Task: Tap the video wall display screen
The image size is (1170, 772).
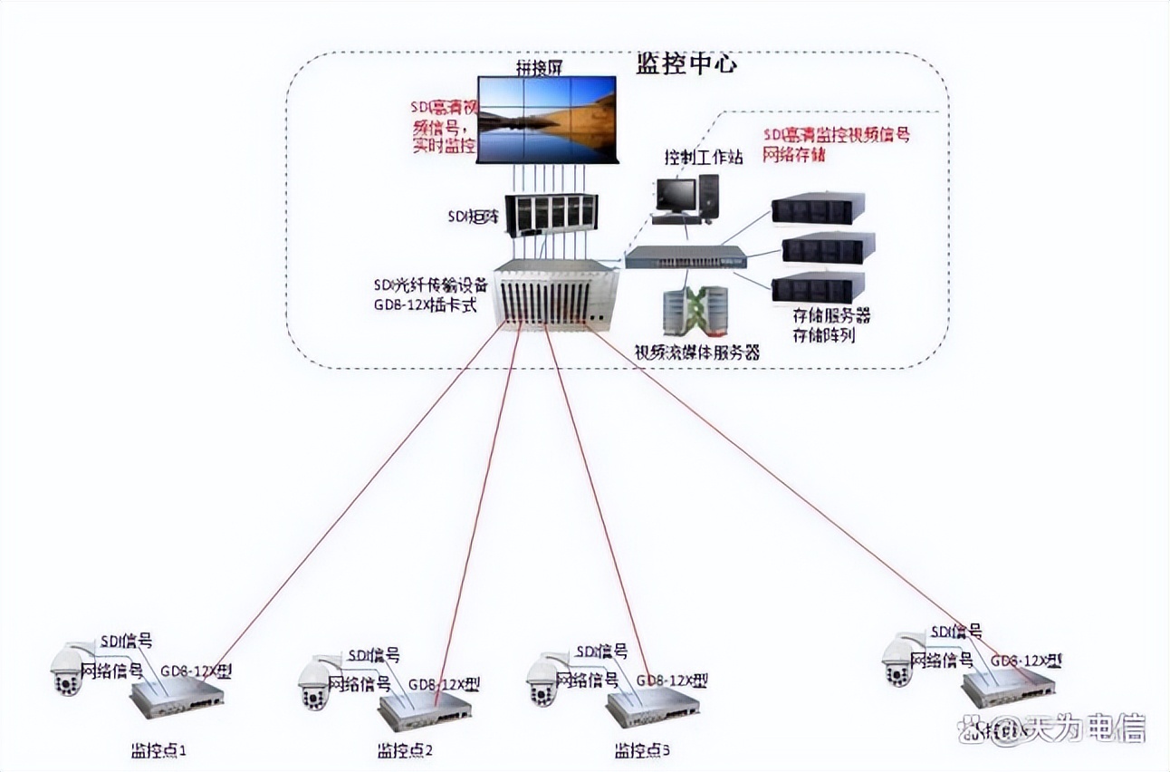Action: click(547, 120)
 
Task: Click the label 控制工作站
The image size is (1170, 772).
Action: click(704, 158)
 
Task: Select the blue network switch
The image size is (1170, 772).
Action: click(686, 256)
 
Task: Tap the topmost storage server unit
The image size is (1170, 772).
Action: click(817, 208)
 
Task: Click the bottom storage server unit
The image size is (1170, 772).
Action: click(817, 287)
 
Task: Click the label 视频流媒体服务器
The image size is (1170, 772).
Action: click(695, 352)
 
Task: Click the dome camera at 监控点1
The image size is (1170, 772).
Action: click(69, 670)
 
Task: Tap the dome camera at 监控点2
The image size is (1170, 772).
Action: click(315, 684)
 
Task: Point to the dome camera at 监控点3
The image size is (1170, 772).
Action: click(543, 680)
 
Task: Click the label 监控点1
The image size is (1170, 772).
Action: click(158, 751)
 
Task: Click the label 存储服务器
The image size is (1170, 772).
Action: click(830, 316)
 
